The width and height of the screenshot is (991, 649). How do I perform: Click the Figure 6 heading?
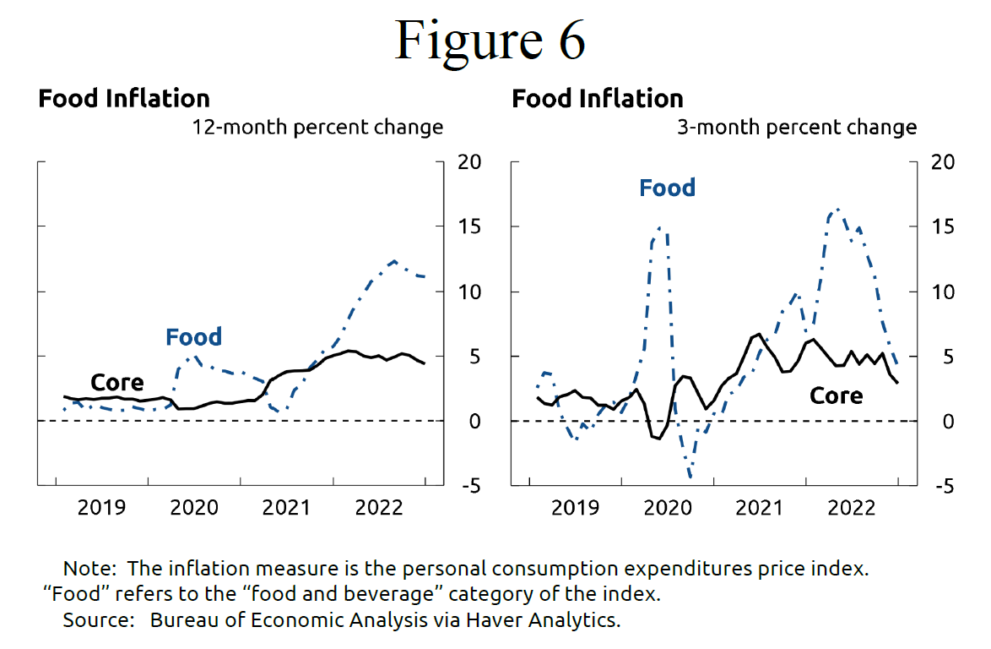click(490, 38)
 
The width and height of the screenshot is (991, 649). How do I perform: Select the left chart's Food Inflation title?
click(124, 98)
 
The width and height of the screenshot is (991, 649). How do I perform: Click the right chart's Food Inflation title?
click(598, 98)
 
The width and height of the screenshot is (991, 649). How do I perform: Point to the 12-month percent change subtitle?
click(317, 128)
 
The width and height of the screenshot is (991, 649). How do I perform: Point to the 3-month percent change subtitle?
click(797, 128)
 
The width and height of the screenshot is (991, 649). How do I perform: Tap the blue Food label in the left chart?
click(193, 337)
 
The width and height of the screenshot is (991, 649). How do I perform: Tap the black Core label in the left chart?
click(116, 383)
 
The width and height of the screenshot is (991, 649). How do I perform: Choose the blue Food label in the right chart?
click(667, 188)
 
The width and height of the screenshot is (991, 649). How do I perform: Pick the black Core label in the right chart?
click(836, 395)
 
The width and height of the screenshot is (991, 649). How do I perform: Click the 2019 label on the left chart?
click(101, 508)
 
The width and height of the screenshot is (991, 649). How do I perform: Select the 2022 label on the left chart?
click(379, 508)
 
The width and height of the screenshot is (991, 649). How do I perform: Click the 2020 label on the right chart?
click(667, 508)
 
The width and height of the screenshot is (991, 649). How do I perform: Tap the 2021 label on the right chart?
click(759, 508)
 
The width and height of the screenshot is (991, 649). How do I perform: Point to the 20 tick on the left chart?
click(468, 162)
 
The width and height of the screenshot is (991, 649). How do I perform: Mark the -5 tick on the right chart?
click(940, 486)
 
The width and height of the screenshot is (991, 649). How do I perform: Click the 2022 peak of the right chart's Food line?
click(837, 208)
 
